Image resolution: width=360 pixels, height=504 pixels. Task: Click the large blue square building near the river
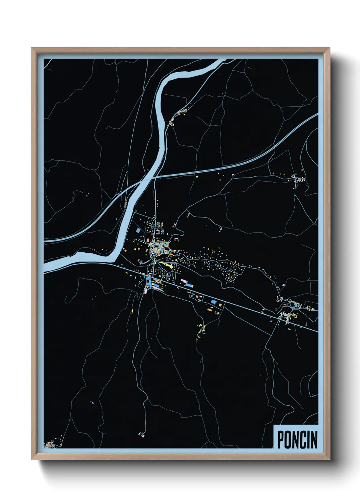click(138, 231)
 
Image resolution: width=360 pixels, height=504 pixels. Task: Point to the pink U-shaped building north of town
click(159, 232)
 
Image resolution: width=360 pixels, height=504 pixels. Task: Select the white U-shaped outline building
click(176, 240)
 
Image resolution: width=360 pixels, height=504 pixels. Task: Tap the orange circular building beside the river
click(125, 250)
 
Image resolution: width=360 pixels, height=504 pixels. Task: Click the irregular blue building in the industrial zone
click(214, 302)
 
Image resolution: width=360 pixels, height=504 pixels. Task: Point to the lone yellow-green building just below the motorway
click(196, 177)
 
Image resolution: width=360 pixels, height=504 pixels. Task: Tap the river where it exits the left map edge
click(46, 267)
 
